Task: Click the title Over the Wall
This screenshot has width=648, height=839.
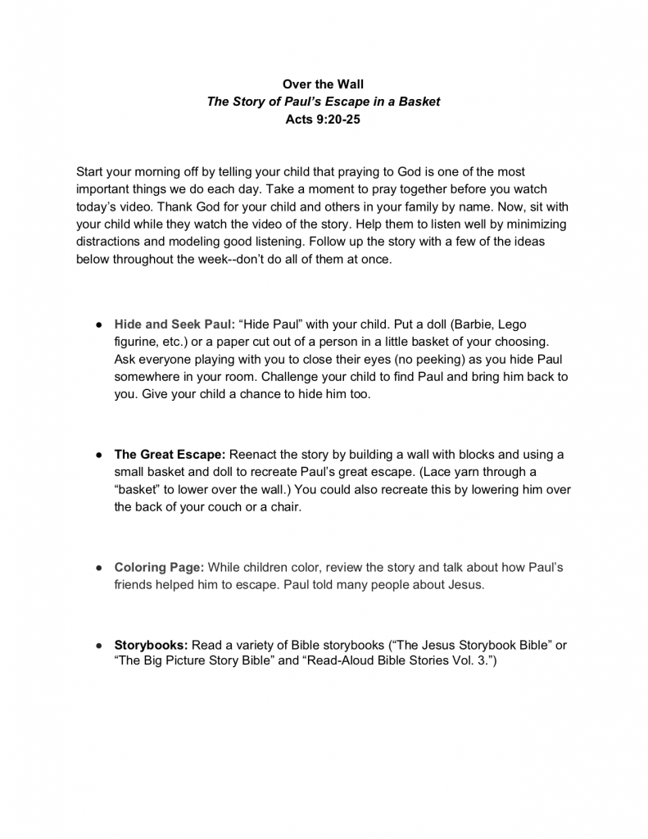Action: click(323, 84)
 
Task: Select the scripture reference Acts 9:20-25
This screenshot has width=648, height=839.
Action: click(323, 119)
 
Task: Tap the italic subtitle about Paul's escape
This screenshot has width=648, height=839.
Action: click(323, 102)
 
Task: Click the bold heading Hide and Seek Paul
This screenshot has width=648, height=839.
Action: click(174, 324)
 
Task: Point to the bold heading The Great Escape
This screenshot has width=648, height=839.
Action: click(170, 454)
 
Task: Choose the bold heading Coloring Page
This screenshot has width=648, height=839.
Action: click(159, 567)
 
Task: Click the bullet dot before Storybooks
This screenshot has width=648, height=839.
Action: click(97, 646)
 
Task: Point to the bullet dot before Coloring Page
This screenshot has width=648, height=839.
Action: click(97, 568)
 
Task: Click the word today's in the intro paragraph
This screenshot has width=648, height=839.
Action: click(97, 206)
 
